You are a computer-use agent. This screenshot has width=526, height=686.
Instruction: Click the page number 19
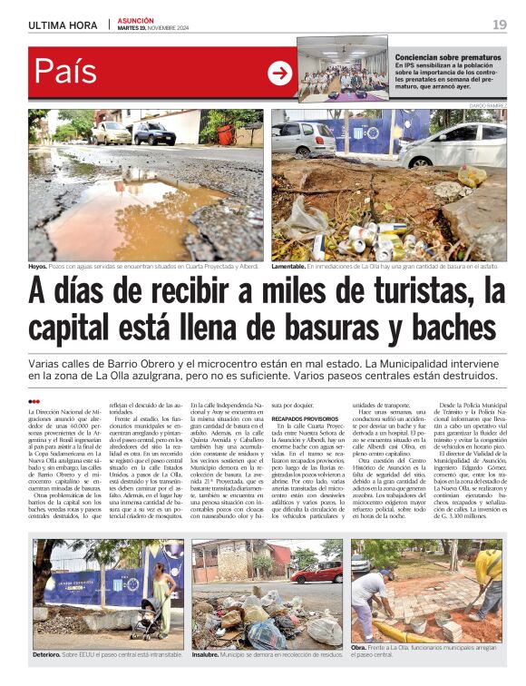(499, 24)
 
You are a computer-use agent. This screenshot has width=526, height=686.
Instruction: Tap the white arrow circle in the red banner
(279, 73)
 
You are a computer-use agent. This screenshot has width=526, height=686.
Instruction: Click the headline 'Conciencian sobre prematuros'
(447, 56)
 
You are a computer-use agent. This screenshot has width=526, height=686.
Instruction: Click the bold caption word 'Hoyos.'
(37, 267)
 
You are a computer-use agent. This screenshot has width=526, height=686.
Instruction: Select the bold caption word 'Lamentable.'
(293, 267)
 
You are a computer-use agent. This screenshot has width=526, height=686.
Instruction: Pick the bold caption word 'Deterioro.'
(46, 653)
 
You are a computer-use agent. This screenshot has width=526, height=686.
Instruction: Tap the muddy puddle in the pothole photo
(118, 209)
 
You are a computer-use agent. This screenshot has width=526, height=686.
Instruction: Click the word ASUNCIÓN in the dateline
(136, 20)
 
